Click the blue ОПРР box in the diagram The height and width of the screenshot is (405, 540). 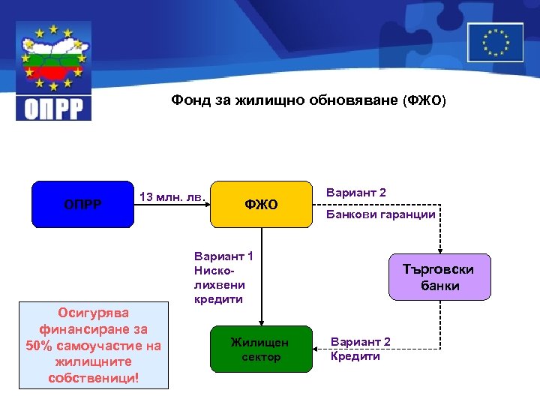(82, 204)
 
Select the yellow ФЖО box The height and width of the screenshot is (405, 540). (260, 204)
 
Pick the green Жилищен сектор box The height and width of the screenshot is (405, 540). (260, 349)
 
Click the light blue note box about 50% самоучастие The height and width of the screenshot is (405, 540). (94, 345)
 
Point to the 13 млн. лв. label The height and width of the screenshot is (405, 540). (172, 197)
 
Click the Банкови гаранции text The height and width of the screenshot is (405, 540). (380, 214)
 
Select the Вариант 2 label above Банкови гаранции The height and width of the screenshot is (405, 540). (356, 193)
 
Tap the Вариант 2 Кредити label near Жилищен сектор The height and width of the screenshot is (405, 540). (361, 349)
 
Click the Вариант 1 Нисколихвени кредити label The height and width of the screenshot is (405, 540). (223, 277)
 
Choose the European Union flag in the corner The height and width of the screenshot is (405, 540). (495, 42)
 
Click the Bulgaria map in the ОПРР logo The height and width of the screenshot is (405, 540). (53, 57)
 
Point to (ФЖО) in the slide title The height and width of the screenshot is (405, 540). (424, 99)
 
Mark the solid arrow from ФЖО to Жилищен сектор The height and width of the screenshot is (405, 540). (260, 277)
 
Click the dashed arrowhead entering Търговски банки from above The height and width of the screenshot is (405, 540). (440, 250)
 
